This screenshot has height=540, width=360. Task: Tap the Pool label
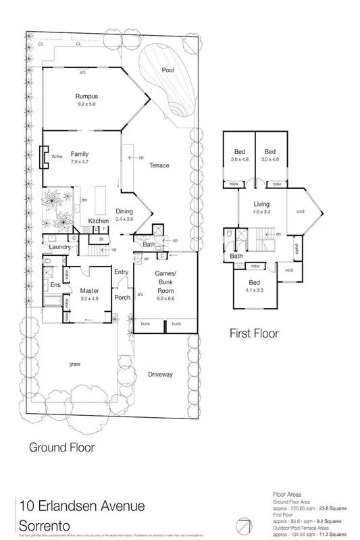(168, 70)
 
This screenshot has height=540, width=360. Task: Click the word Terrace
(159, 165)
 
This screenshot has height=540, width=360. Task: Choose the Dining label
(124, 211)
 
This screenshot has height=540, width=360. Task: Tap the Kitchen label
(99, 221)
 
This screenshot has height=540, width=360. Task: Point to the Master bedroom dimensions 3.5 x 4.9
(90, 278)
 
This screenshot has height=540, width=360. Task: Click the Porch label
(122, 297)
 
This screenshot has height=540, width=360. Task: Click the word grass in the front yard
(74, 364)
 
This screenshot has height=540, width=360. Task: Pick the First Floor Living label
(261, 203)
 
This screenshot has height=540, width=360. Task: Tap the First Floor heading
(254, 333)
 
